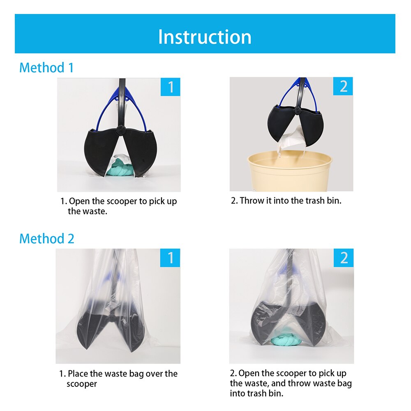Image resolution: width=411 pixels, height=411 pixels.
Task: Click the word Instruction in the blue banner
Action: pyautogui.click(x=205, y=37)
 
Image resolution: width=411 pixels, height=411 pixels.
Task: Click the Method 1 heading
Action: pyautogui.click(x=46, y=68)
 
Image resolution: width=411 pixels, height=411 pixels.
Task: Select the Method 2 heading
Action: pyautogui.click(x=47, y=238)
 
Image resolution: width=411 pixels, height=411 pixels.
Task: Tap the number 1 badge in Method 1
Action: pyautogui.click(x=171, y=87)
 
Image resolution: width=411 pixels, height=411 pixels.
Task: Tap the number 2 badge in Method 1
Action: pyautogui.click(x=343, y=86)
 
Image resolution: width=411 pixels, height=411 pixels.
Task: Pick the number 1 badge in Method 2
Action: pyautogui.click(x=170, y=258)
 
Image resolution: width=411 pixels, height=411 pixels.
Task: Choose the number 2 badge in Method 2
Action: pyautogui.click(x=344, y=258)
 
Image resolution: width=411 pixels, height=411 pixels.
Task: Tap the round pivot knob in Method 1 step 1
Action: pyautogui.click(x=120, y=130)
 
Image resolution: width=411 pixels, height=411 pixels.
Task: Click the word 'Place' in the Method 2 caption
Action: pyautogui.click(x=78, y=374)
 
